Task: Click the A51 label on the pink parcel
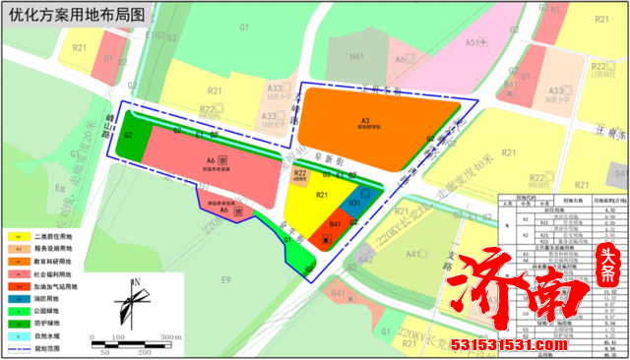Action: (472, 42)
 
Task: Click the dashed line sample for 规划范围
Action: (18, 349)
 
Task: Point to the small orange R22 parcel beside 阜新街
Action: (300, 176)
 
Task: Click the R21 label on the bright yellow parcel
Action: (322, 196)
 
